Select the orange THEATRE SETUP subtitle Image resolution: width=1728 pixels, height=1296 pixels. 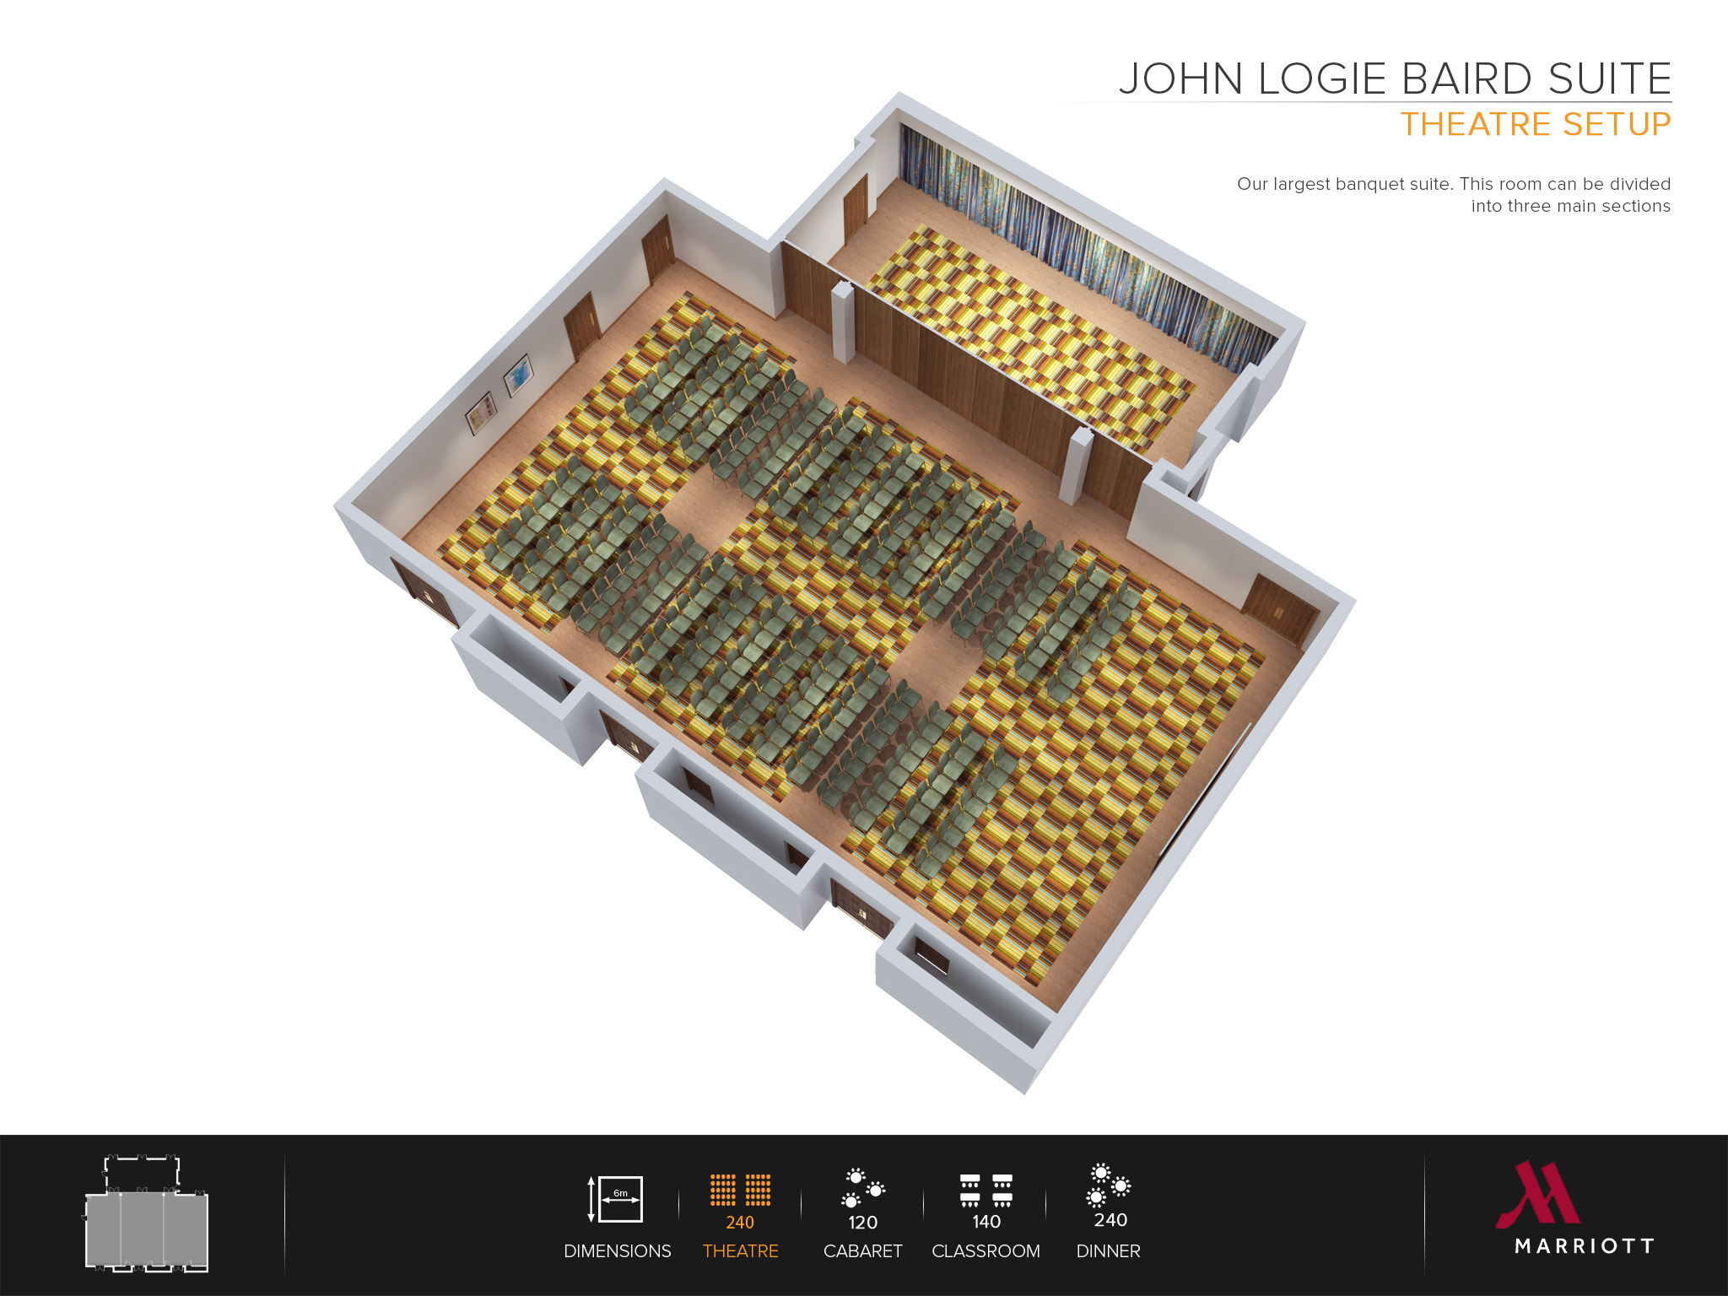click(1535, 125)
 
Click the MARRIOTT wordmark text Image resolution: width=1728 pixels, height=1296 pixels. click(1584, 1246)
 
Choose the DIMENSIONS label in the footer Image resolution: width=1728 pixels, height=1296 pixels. click(617, 1251)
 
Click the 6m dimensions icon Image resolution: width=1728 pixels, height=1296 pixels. click(617, 1199)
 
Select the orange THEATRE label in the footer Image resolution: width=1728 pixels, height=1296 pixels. click(740, 1251)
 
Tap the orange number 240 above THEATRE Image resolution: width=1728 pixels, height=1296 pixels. click(740, 1223)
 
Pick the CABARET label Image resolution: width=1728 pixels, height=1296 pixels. click(862, 1251)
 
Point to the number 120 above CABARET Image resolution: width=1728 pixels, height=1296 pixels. click(862, 1223)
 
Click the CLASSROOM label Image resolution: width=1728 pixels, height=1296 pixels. click(985, 1251)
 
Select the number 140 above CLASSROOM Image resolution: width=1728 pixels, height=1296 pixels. click(985, 1222)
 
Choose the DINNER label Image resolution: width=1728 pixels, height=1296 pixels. click(1108, 1251)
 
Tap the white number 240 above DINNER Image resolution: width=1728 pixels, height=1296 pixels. click(1110, 1220)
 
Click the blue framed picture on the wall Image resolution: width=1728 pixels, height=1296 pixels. click(518, 375)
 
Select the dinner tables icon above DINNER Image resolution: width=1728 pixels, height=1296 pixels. click(1109, 1185)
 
